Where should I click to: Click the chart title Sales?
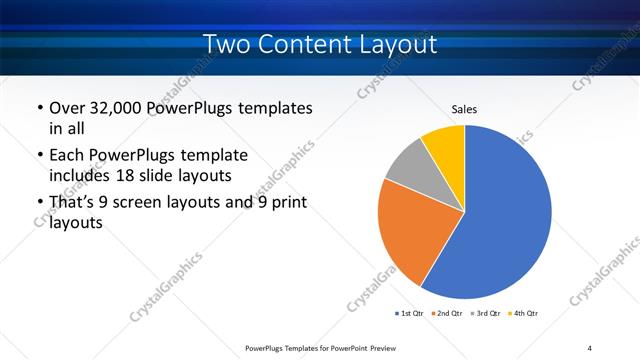point(465,109)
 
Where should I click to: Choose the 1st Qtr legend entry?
point(408,314)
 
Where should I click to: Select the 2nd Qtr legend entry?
point(446,314)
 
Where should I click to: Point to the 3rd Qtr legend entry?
point(484,314)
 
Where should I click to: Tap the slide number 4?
point(590,347)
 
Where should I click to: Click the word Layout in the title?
point(394,44)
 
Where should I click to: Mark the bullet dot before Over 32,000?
point(38,108)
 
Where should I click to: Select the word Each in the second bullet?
point(68,156)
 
